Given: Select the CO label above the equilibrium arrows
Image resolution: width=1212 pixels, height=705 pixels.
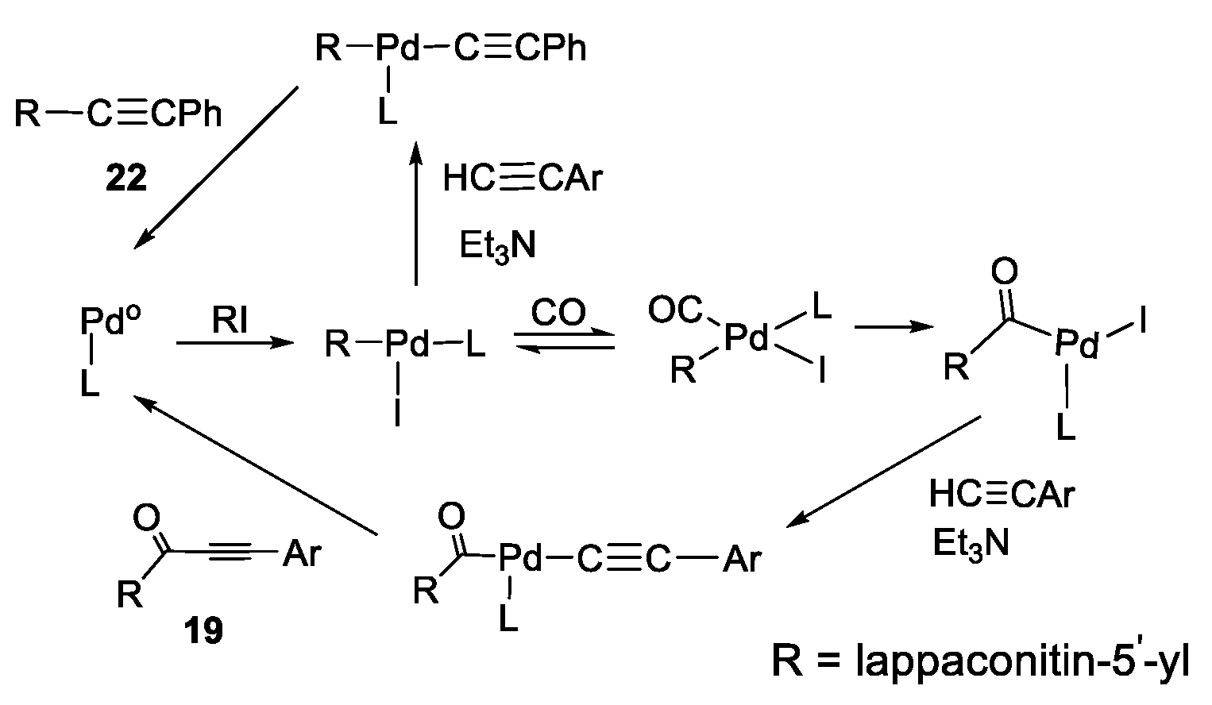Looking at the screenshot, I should (558, 313).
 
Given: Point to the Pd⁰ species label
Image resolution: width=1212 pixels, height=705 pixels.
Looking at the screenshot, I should (110, 322).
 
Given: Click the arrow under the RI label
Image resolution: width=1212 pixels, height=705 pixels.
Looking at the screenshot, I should (230, 344).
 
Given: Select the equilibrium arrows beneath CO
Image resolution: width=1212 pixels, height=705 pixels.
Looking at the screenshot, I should (564, 342).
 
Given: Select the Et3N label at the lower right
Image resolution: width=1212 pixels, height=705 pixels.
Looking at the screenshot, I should (971, 544).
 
